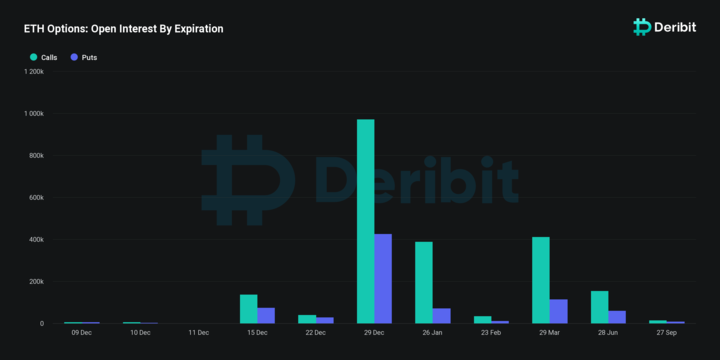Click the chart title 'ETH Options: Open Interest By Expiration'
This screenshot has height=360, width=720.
(124, 29)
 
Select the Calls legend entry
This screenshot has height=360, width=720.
(43, 58)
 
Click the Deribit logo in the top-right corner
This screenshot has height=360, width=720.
(667, 27)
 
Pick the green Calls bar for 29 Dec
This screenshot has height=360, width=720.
(366, 221)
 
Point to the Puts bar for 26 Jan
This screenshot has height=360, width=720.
(441, 315)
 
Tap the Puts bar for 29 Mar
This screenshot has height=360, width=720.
(558, 311)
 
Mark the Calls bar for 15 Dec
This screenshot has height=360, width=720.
(249, 309)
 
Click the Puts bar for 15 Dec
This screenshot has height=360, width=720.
(266, 315)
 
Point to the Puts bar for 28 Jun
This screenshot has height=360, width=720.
(617, 317)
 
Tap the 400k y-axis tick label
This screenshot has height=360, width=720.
(35, 240)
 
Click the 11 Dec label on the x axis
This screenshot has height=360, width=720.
(198, 332)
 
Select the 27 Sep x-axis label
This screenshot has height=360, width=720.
(667, 332)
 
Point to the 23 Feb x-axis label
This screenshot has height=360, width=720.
(491, 332)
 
